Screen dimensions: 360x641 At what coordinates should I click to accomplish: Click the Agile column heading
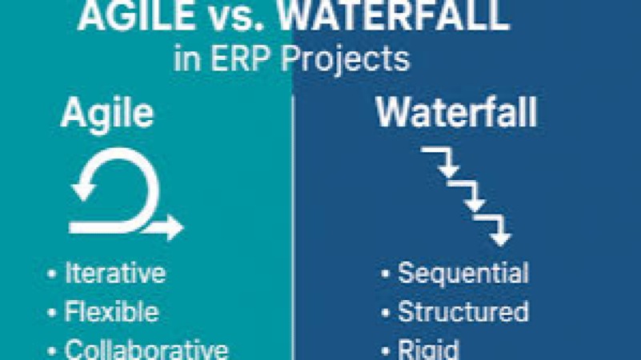click(106, 114)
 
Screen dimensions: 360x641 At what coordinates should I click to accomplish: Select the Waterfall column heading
click(457, 114)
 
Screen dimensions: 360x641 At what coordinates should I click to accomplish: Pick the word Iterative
click(115, 274)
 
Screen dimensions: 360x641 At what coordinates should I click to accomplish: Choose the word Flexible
click(111, 312)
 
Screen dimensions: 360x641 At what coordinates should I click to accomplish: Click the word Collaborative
click(146, 350)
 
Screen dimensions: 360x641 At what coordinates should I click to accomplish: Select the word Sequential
click(463, 274)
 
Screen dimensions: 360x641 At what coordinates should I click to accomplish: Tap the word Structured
click(463, 312)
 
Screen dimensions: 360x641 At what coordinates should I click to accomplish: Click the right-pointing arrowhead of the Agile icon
click(174, 228)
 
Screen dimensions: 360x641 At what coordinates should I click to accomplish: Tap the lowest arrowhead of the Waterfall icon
click(501, 238)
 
